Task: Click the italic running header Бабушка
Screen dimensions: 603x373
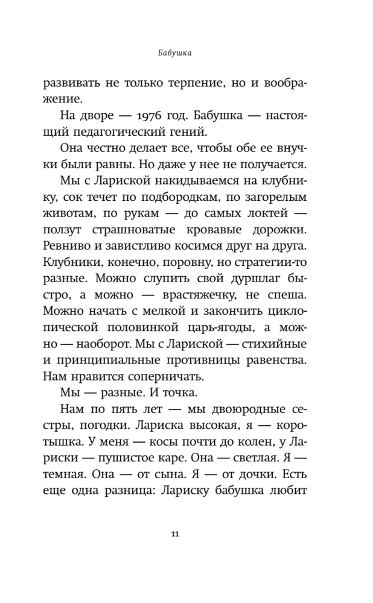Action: pyautogui.click(x=174, y=53)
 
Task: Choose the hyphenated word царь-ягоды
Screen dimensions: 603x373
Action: pyautogui.click(x=225, y=333)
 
